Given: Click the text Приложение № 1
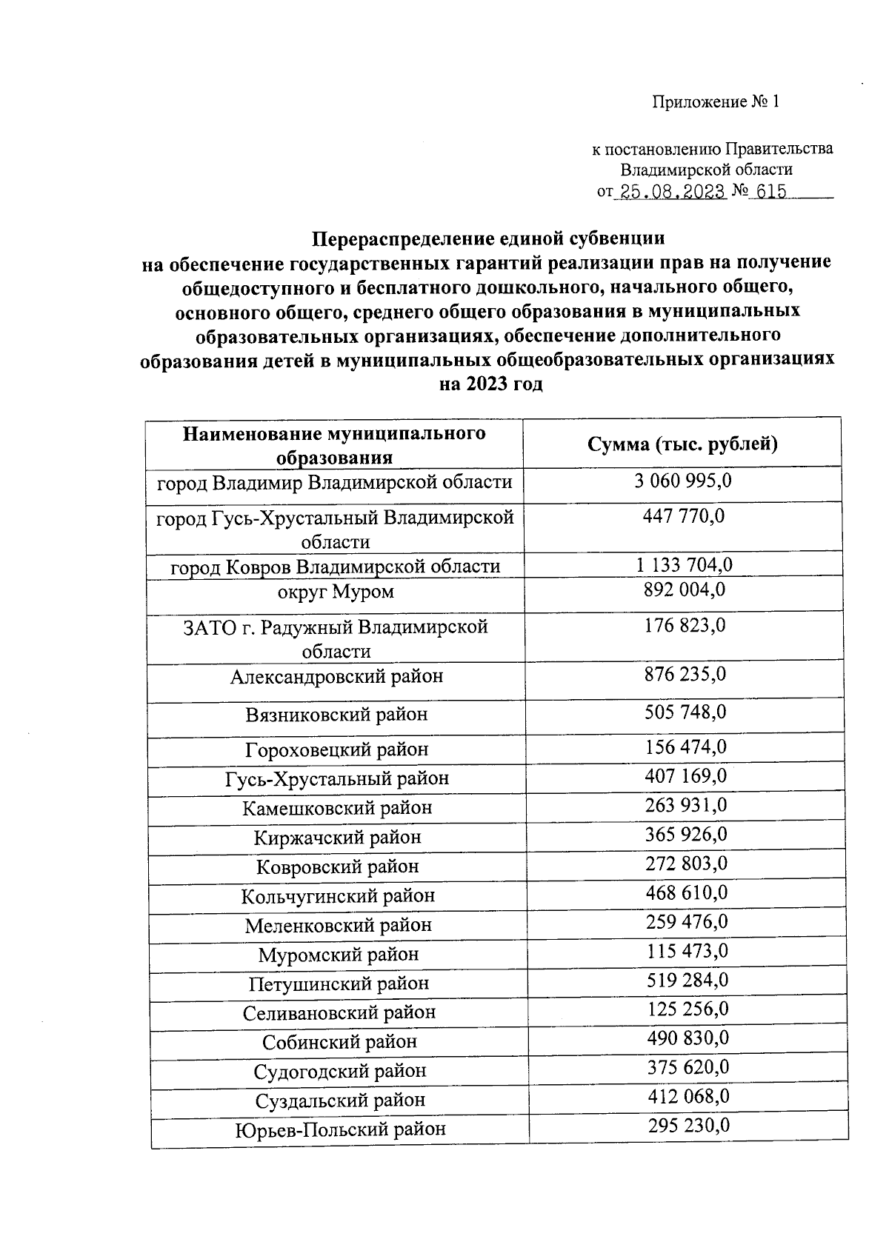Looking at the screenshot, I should pos(716,102).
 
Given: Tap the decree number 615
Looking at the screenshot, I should pos(771,193).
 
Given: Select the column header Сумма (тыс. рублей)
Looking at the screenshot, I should pos(682,444).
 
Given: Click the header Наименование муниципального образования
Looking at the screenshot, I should pos(334,444).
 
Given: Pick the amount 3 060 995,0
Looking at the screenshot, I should pos(683,481).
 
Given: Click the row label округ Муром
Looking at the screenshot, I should pos(336,592).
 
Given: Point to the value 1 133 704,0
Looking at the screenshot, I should pos(684,566).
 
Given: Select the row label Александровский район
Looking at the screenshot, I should pos(336,676).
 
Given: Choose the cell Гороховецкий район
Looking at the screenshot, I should pos(336,749).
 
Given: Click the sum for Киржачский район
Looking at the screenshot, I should pos(686,835).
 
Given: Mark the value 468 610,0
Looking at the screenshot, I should pos(687,893).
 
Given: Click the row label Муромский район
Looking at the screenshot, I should pos(338,955).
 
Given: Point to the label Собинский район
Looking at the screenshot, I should pos(339,1042).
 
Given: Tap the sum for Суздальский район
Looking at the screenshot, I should pos(688,1097).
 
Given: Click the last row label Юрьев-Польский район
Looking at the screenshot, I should pos(341,1130).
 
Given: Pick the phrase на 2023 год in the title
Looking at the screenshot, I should pos(490,384).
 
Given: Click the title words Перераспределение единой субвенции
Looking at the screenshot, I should pos(487,238).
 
